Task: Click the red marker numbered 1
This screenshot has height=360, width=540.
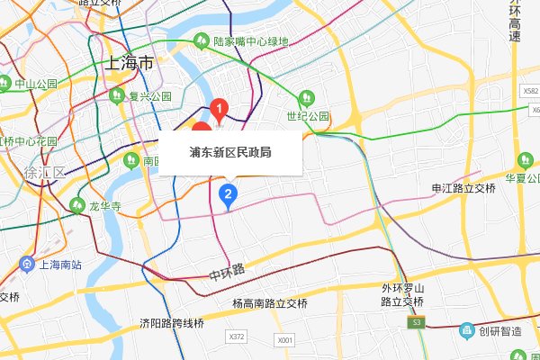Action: (218, 111)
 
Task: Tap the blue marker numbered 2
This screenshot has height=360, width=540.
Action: (229, 193)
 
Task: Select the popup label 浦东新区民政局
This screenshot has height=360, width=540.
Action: (230, 153)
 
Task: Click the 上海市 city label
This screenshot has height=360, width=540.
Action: (129, 63)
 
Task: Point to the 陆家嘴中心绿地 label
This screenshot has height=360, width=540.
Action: (252, 41)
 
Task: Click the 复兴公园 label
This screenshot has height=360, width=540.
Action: (149, 95)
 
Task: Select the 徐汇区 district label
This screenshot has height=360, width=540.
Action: (47, 172)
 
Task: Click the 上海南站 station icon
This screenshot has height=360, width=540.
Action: (26, 265)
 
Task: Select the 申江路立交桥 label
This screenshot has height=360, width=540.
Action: (463, 188)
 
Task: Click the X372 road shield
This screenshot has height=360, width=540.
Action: (238, 337)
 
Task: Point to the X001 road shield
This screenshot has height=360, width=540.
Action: (285, 341)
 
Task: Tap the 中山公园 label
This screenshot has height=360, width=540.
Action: (35, 84)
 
